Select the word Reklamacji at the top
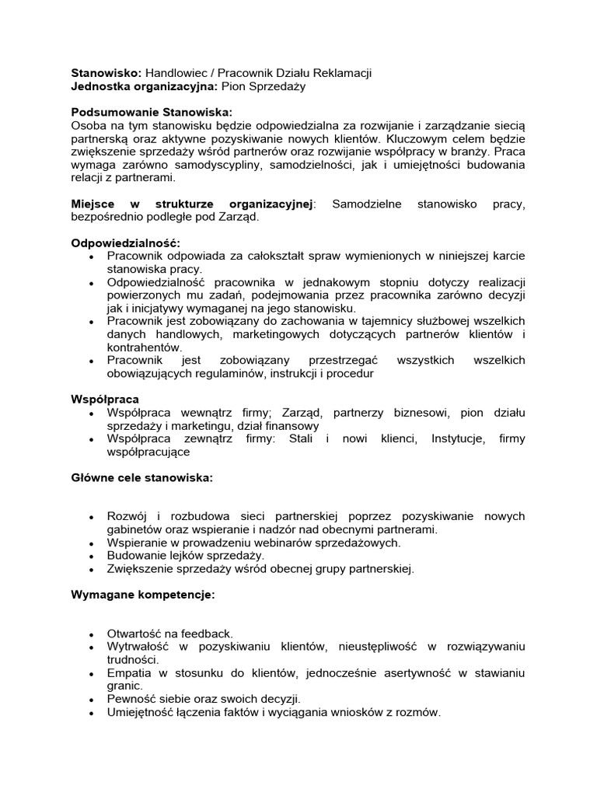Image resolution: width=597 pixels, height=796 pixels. pyautogui.click(x=341, y=73)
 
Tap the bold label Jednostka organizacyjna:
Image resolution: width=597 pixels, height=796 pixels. pyautogui.click(x=145, y=86)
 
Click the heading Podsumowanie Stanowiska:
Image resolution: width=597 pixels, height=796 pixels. pyautogui.click(x=152, y=112)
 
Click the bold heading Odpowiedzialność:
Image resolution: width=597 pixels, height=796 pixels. pyautogui.click(x=126, y=243)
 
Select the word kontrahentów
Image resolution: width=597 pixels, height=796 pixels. pyautogui.click(x=143, y=347)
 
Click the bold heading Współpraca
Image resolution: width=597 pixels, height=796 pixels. pyautogui.click(x=105, y=400)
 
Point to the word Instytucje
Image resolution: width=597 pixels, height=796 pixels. pyautogui.click(x=459, y=439)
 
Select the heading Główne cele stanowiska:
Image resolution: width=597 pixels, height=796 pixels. pyautogui.click(x=141, y=477)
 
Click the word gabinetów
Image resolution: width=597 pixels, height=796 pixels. pyautogui.click(x=134, y=529)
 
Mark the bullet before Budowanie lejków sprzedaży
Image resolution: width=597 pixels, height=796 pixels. pyautogui.click(x=92, y=557)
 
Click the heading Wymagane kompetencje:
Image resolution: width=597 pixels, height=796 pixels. pyautogui.click(x=143, y=595)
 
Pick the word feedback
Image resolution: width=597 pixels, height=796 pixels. pyautogui.click(x=206, y=634)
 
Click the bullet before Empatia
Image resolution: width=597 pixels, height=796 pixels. pyautogui.click(x=92, y=673)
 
